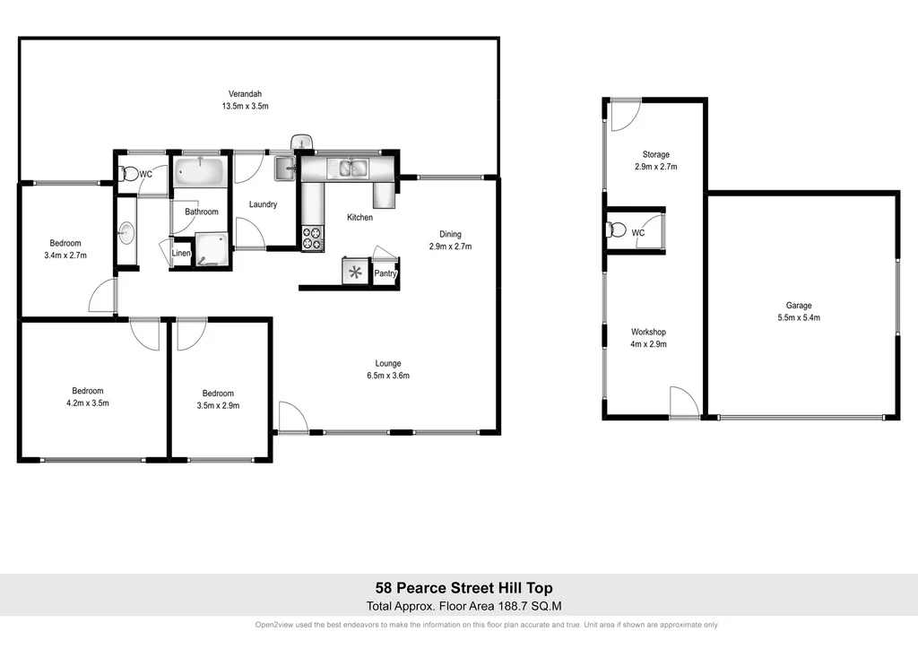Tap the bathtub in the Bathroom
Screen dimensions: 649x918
point(200,170)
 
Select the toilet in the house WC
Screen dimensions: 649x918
point(128,175)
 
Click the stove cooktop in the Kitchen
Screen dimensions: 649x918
point(312,238)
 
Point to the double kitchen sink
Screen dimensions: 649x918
point(347,167)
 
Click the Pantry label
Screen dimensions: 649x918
point(385,273)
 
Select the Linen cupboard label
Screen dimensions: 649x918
point(181,254)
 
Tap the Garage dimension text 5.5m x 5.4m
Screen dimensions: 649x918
point(799,317)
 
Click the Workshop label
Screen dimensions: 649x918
point(648,332)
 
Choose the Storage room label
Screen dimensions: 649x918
point(655,154)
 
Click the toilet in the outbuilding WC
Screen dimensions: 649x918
point(617,230)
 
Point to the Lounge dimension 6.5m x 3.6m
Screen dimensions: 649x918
point(387,376)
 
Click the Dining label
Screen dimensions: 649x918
point(450,234)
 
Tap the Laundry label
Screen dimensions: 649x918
point(263,204)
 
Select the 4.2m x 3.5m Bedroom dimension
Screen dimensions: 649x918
point(88,402)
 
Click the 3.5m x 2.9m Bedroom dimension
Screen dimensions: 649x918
point(218,405)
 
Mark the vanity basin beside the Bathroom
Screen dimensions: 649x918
point(125,234)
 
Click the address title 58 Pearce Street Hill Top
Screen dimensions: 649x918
point(458,588)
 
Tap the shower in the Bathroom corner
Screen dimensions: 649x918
point(211,250)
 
